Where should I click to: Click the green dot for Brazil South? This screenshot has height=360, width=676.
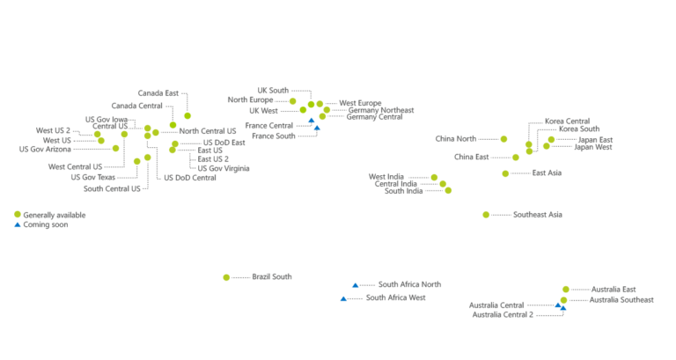click(232, 277)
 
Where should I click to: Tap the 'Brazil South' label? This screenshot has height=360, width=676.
click(271, 277)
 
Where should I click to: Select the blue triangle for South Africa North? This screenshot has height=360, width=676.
click(354, 285)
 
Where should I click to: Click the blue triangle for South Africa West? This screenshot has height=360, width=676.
click(343, 300)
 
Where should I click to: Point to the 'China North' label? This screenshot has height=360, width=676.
click(455, 138)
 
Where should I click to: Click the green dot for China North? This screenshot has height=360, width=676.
click(503, 138)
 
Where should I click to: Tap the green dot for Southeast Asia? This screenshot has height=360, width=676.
click(487, 214)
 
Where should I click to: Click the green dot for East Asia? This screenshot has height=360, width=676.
click(506, 173)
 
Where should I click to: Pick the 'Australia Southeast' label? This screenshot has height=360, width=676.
click(621, 300)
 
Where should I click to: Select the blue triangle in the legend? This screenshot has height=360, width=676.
click(17, 224)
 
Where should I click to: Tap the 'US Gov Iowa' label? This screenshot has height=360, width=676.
click(107, 119)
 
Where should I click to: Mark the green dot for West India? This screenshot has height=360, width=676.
click(434, 178)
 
